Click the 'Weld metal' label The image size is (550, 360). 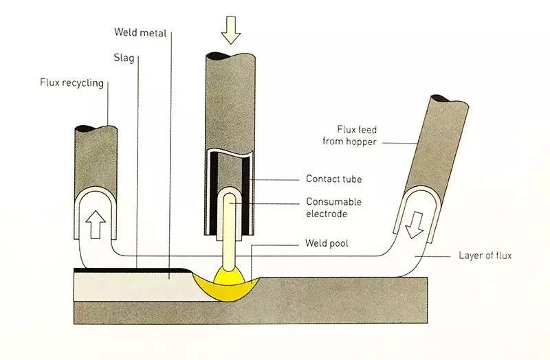tap(140, 32)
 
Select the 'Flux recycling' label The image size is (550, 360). tap(72, 84)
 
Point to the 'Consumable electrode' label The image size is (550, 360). tap(333, 207)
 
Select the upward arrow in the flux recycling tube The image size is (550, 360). tap(95, 221)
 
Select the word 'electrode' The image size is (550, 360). tap(327, 214)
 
